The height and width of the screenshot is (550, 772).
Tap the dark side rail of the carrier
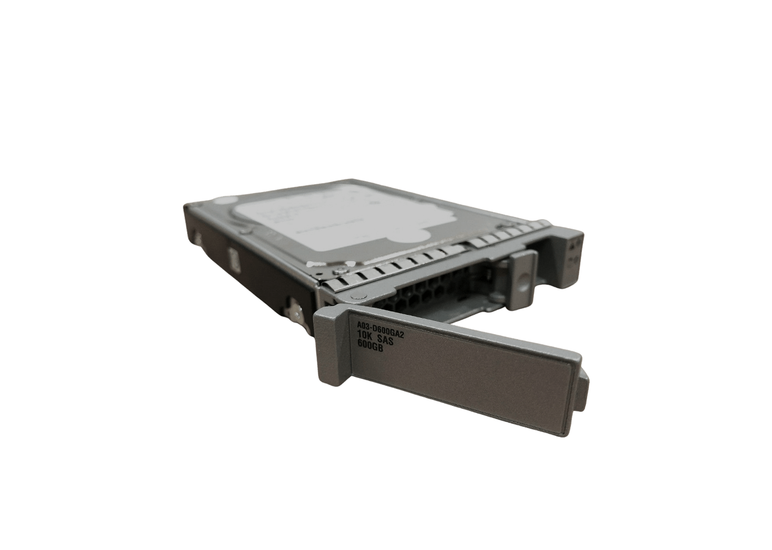coord(250,262)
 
